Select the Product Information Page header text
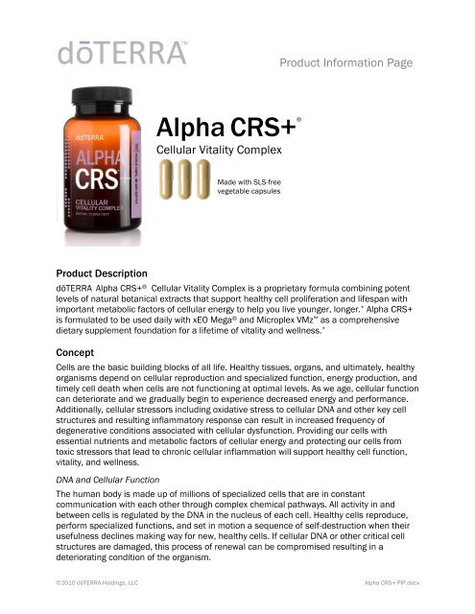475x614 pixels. (x=345, y=62)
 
